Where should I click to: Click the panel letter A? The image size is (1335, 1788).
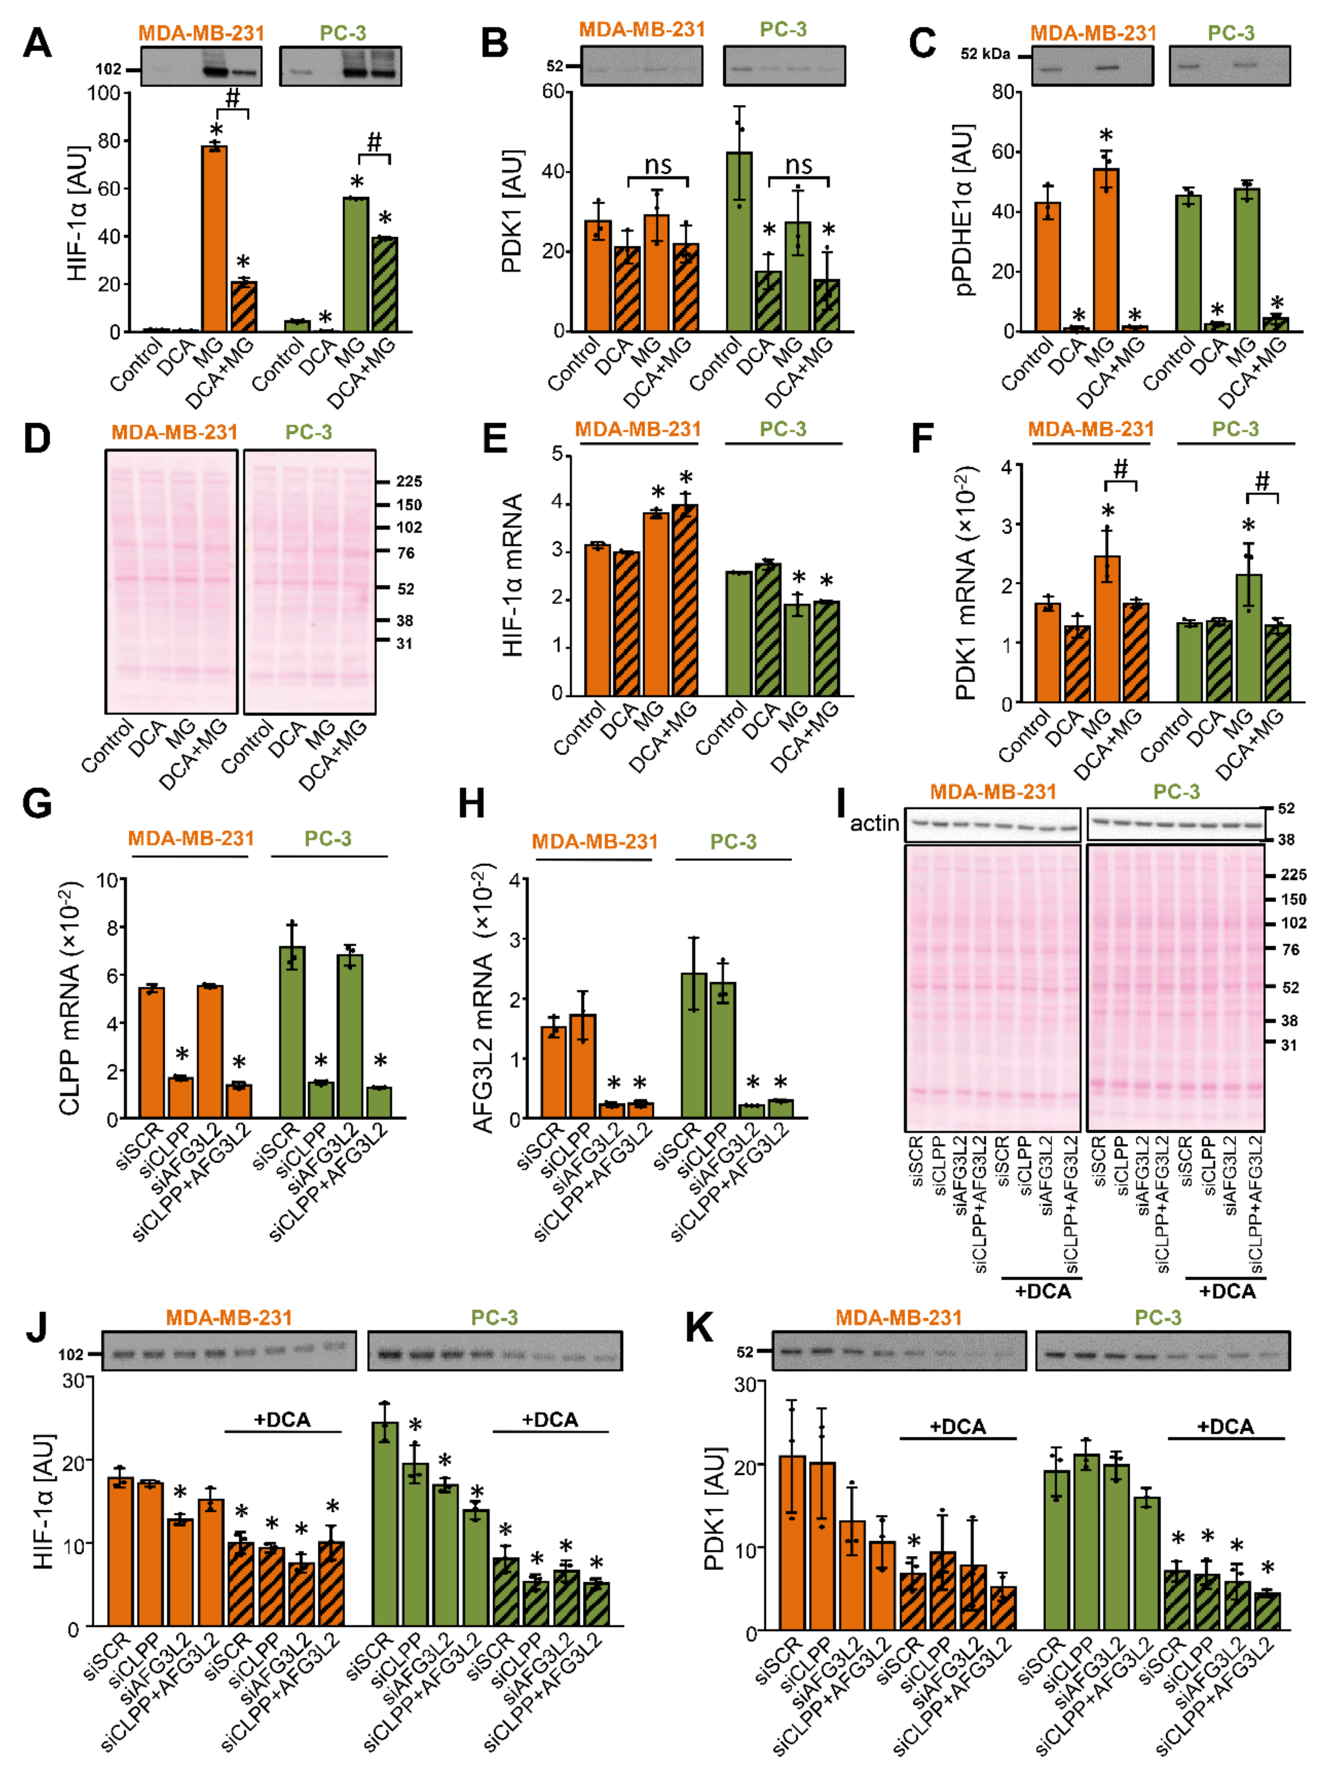click(37, 42)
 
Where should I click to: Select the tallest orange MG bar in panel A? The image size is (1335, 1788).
click(214, 239)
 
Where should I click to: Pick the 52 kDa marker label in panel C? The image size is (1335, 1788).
click(985, 54)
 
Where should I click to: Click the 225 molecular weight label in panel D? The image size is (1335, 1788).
click(409, 482)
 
